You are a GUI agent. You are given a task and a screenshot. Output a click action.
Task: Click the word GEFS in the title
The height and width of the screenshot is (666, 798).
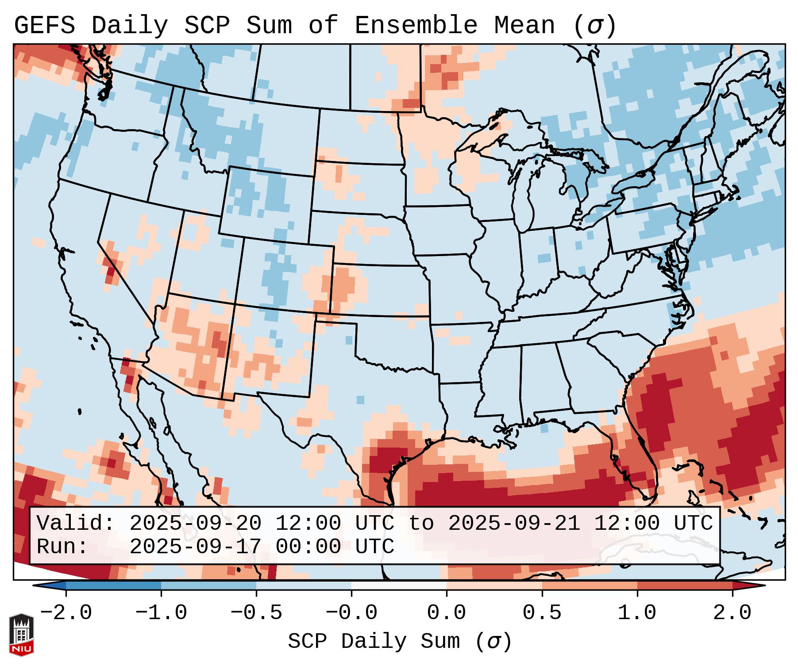[44, 25]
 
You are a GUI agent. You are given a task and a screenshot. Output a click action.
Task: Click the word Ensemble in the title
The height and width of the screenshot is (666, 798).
[416, 25]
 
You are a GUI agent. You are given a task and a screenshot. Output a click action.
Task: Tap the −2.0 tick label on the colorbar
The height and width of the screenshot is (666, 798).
[66, 613]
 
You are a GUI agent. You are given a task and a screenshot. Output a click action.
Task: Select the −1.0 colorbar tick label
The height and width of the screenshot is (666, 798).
[161, 613]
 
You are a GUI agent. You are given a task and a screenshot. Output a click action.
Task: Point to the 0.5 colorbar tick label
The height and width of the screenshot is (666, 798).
[542, 613]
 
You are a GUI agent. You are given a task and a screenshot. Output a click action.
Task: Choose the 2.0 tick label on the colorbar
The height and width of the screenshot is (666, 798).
[732, 613]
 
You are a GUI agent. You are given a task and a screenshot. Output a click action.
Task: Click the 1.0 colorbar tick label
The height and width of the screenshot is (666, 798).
[637, 613]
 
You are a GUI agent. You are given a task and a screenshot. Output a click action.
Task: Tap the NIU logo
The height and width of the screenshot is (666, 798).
[21, 635]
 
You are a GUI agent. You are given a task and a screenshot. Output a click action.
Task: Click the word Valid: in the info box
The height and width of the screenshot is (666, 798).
[75, 523]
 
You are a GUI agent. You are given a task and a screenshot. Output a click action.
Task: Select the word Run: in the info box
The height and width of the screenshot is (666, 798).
[62, 547]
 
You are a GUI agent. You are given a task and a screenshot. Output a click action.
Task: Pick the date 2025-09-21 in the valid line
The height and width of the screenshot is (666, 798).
[514, 523]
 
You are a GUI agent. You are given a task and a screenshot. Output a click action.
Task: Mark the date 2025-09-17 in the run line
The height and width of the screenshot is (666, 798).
[195, 547]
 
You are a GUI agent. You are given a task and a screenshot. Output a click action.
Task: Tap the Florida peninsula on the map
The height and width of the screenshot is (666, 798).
[640, 455]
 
